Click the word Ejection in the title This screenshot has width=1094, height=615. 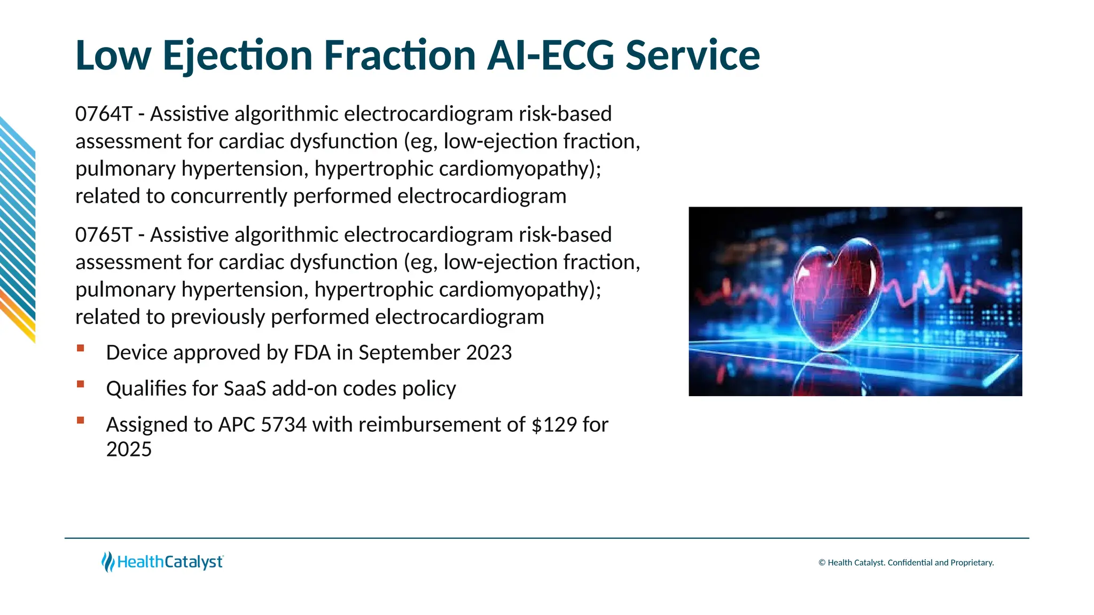(x=237, y=56)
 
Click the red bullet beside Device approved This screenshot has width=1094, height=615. (x=81, y=349)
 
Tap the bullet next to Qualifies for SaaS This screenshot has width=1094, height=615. (x=81, y=384)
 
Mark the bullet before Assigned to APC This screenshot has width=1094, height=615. (x=81, y=421)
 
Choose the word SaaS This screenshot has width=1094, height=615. (x=245, y=389)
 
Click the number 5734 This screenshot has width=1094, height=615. (x=284, y=425)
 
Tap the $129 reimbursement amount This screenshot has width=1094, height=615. (x=554, y=425)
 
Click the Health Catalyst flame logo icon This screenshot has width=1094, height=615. (x=108, y=562)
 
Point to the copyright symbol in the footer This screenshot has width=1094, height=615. (x=822, y=563)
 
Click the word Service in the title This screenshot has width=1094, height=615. (x=692, y=56)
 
